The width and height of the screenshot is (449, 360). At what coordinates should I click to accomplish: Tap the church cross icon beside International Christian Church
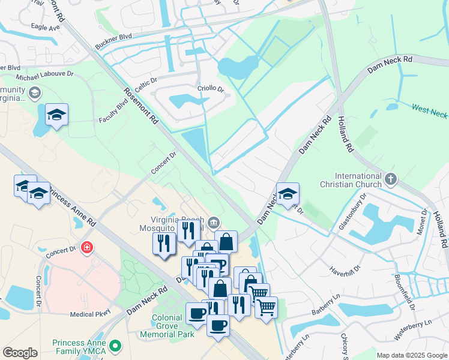(x=391, y=179)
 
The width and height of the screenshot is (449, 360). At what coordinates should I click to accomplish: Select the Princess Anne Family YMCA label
(x=80, y=347)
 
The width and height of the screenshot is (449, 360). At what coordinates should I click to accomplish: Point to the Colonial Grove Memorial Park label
(x=167, y=326)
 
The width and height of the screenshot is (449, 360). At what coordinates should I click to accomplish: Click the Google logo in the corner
(x=20, y=353)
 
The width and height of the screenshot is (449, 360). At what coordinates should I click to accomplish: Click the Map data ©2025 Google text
(x=411, y=355)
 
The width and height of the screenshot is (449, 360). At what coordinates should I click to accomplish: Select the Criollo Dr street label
(x=210, y=89)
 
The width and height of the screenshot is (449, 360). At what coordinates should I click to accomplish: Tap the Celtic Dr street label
(x=145, y=80)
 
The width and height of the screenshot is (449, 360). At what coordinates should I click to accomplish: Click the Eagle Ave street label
(x=46, y=28)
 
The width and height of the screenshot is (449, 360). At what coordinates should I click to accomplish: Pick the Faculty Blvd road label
(x=114, y=112)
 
